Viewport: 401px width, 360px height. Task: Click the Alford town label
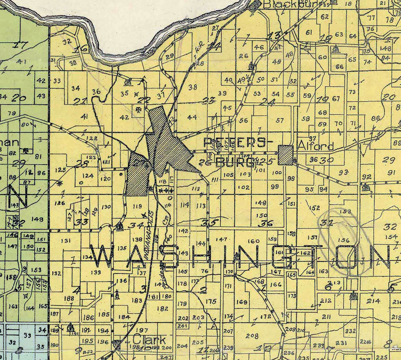(316, 146)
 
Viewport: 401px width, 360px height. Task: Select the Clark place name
(149, 340)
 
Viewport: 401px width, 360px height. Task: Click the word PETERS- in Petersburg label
(235, 143)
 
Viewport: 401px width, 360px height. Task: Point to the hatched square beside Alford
(286, 155)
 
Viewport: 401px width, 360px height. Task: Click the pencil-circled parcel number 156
(344, 240)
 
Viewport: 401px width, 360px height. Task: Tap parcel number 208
(252, 336)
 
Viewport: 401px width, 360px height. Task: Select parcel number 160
(253, 241)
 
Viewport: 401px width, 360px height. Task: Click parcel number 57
(280, 120)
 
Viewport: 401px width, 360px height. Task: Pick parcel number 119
(137, 206)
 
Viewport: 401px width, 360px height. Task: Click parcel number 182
(163, 308)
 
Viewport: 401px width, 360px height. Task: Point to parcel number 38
(193, 87)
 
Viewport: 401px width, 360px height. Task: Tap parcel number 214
(373, 301)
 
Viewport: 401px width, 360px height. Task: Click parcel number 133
(96, 272)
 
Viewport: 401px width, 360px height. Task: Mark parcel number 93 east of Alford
(344, 172)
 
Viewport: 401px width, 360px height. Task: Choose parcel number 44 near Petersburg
(192, 117)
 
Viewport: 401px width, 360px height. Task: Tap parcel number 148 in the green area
(38, 219)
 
